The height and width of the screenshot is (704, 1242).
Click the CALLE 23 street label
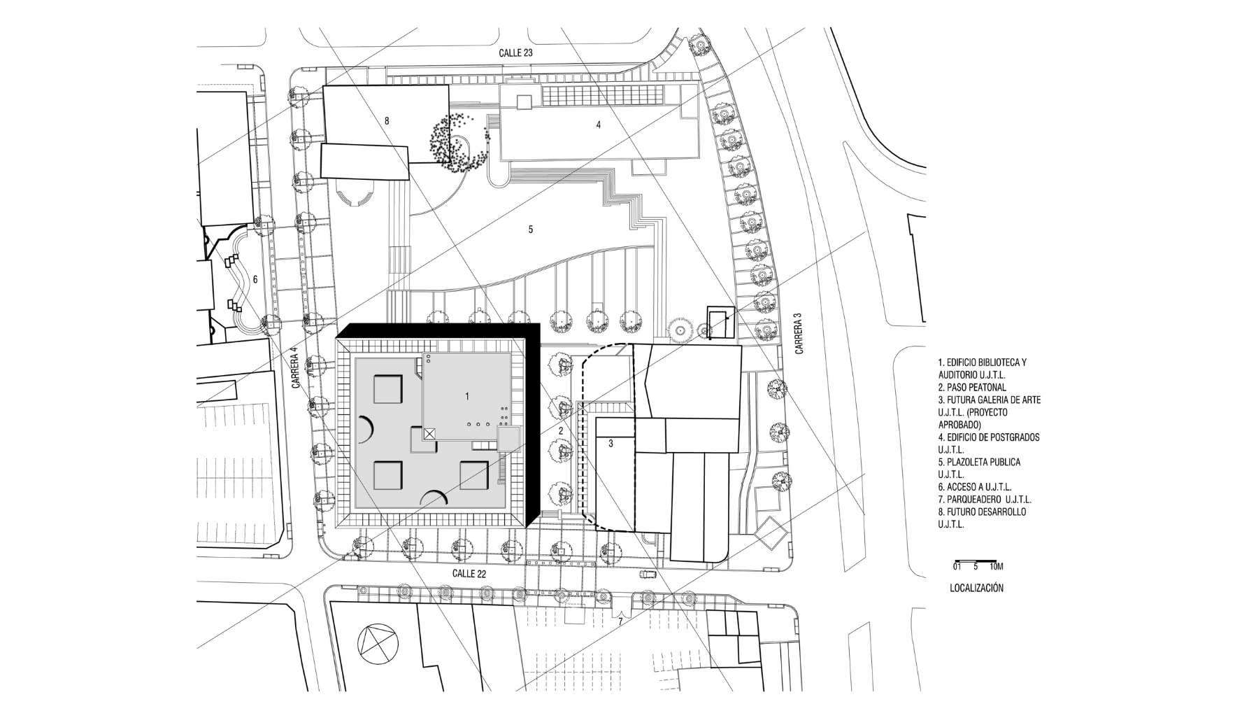click(516, 53)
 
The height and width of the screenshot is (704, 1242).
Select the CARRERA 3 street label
click(799, 332)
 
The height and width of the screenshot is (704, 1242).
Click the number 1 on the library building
click(467, 396)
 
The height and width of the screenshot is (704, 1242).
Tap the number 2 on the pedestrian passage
click(561, 430)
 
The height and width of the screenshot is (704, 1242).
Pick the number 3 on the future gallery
click(611, 444)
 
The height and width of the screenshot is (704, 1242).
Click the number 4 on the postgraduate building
click(598, 125)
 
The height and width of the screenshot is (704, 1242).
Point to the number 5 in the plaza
click(531, 230)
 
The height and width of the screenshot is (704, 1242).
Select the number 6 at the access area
click(255, 279)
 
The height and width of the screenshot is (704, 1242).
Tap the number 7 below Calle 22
click(620, 621)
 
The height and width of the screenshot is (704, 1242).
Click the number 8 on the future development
click(387, 121)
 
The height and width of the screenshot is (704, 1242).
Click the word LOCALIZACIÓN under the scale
click(976, 588)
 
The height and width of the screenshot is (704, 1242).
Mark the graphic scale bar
click(975, 561)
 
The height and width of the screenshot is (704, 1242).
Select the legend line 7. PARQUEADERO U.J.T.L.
click(985, 500)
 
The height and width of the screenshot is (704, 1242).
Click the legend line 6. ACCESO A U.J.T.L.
click(975, 487)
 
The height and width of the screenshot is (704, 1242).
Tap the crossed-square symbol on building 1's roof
click(429, 434)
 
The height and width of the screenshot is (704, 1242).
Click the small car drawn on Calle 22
click(648, 575)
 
